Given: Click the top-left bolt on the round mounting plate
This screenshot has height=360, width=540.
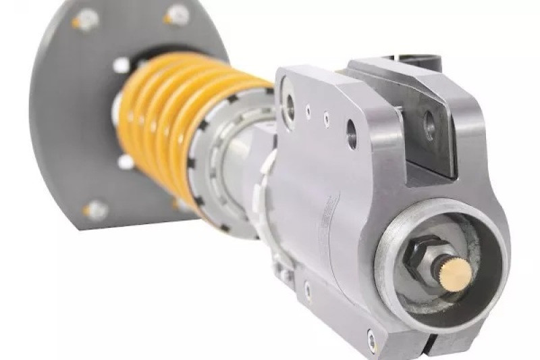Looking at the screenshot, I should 86,20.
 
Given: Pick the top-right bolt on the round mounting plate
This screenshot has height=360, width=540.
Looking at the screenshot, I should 177,14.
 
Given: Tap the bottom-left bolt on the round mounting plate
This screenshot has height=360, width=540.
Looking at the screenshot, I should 95,210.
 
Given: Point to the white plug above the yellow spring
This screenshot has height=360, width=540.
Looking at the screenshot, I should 122,65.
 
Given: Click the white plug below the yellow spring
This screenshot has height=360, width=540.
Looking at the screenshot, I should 126,161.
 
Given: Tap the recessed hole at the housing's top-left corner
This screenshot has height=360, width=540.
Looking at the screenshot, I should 290,103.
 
